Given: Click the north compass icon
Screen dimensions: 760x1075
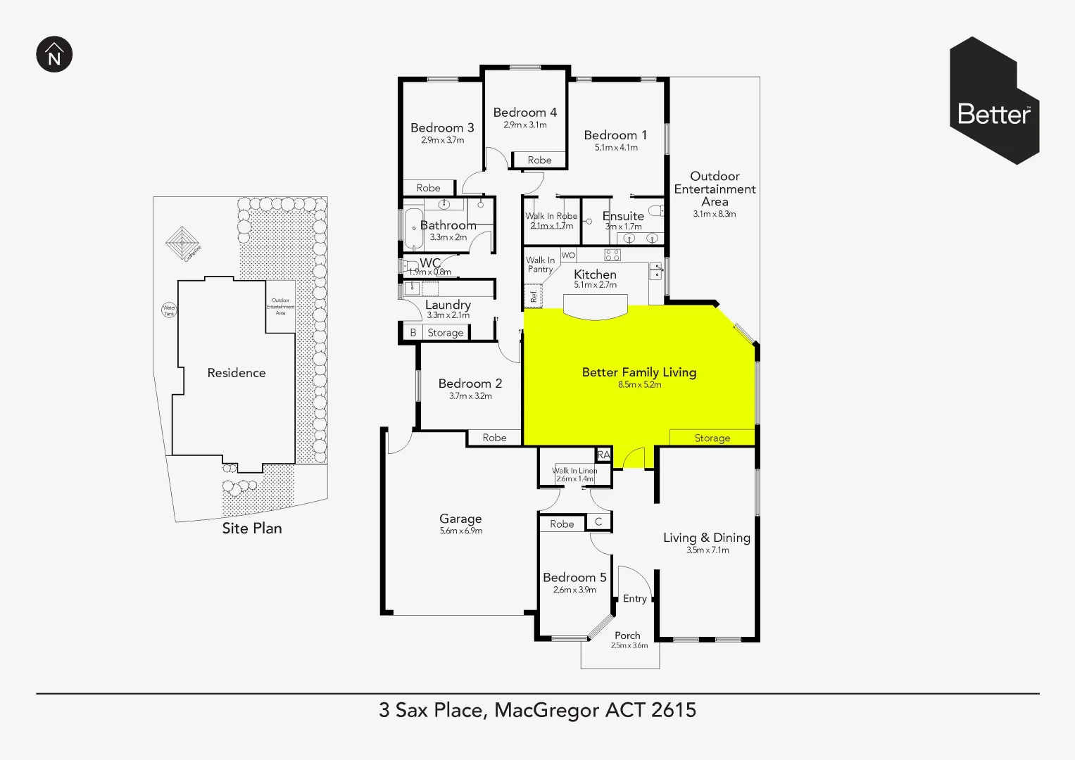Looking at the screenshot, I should pos(54,54).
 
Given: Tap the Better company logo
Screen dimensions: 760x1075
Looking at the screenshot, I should pos(994,101).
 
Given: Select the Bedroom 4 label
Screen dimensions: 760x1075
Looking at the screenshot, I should pos(524,113).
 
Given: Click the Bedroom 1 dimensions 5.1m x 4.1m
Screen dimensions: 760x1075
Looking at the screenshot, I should pos(616,148).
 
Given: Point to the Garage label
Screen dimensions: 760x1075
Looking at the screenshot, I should pos(460,519).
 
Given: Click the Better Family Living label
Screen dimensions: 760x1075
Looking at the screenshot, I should pos(639,372).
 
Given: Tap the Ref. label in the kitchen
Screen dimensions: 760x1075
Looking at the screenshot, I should pos(534,296).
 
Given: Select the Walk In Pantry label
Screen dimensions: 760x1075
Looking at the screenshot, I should pos(540,265).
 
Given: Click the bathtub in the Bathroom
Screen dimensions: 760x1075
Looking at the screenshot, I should pos(413,228).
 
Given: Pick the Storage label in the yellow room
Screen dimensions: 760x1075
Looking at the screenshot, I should pos(712,438).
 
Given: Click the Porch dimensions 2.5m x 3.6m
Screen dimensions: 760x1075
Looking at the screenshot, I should pos(629,645).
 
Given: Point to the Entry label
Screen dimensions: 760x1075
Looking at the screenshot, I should pos(634,599).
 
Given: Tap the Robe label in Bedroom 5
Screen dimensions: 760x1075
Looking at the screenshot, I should pos(562,524).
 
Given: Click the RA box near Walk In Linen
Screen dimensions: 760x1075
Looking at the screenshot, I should pos(603,455).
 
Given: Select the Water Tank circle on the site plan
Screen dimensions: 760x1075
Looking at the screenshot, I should pos(169,310).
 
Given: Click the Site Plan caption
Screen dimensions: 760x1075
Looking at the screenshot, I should pos(251,528).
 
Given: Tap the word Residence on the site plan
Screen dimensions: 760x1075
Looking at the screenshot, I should pos(236,373).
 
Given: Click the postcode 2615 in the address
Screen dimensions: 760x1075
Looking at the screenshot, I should pos(673,710).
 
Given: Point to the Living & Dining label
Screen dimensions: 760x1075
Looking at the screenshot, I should pos(706,538).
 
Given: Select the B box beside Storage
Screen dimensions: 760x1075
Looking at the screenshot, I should pos(413,333).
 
